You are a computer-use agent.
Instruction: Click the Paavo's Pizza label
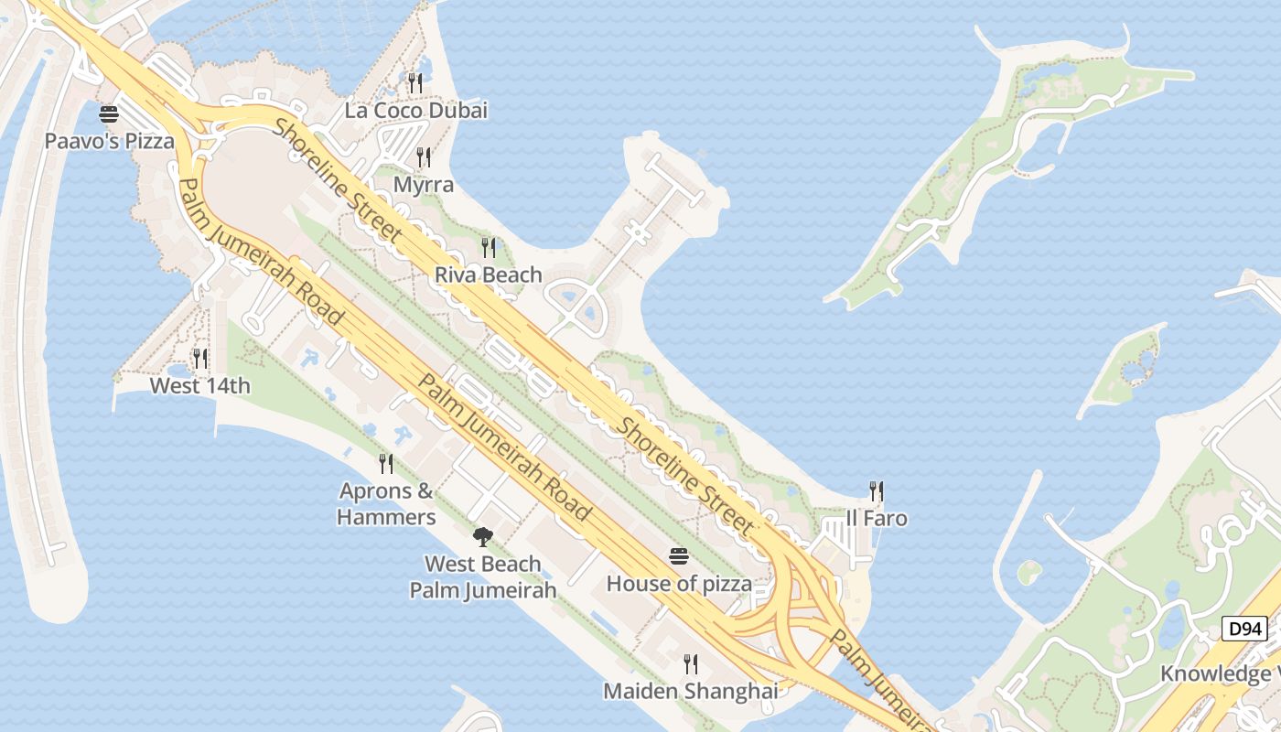coord(109,142)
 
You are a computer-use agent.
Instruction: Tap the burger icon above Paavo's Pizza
coord(109,115)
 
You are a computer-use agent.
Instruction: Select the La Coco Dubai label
coord(415,111)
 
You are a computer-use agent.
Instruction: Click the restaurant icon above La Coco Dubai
coord(415,83)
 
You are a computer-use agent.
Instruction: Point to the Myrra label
coord(423,185)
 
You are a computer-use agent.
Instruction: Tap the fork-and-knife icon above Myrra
coord(423,157)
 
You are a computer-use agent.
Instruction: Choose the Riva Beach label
coord(488,274)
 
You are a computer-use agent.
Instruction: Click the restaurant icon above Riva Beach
coord(489,247)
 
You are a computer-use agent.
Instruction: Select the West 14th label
coord(199,385)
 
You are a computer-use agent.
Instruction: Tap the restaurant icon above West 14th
coord(199,359)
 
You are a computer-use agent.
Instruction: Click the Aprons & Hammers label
coord(386,504)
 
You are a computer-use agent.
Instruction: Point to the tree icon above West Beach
coord(482,536)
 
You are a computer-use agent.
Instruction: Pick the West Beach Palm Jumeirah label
coord(482,576)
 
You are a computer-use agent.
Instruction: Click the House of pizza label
coord(679,583)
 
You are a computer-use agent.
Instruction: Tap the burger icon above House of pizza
coord(679,556)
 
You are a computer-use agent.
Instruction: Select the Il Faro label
coord(877,519)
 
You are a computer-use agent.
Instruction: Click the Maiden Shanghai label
coord(691,691)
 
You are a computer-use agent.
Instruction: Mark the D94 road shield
coord(1244,629)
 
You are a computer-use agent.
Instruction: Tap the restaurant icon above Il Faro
coord(877,491)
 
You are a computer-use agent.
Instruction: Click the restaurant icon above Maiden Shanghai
coord(691,663)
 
